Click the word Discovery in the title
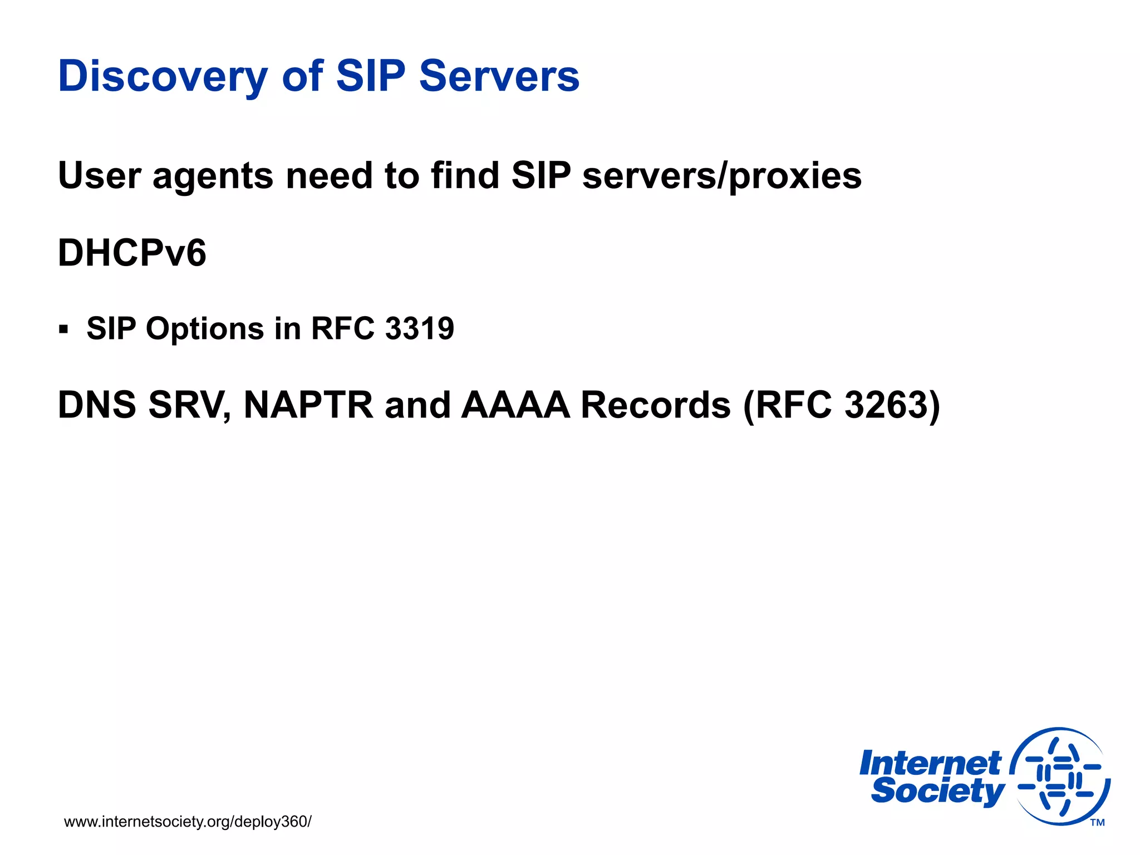pos(163,76)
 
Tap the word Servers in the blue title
pos(499,76)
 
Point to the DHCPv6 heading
pos(132,253)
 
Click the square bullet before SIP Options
pos(63,329)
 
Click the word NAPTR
pos(308,405)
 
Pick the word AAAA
pos(515,405)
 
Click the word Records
pos(655,405)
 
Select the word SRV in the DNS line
pos(189,405)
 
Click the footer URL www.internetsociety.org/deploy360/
pos(188,822)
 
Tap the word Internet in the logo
pos(930,763)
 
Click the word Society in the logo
pos(937,791)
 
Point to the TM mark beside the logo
pos(1097,823)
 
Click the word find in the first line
pos(465,176)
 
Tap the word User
pos(99,176)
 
